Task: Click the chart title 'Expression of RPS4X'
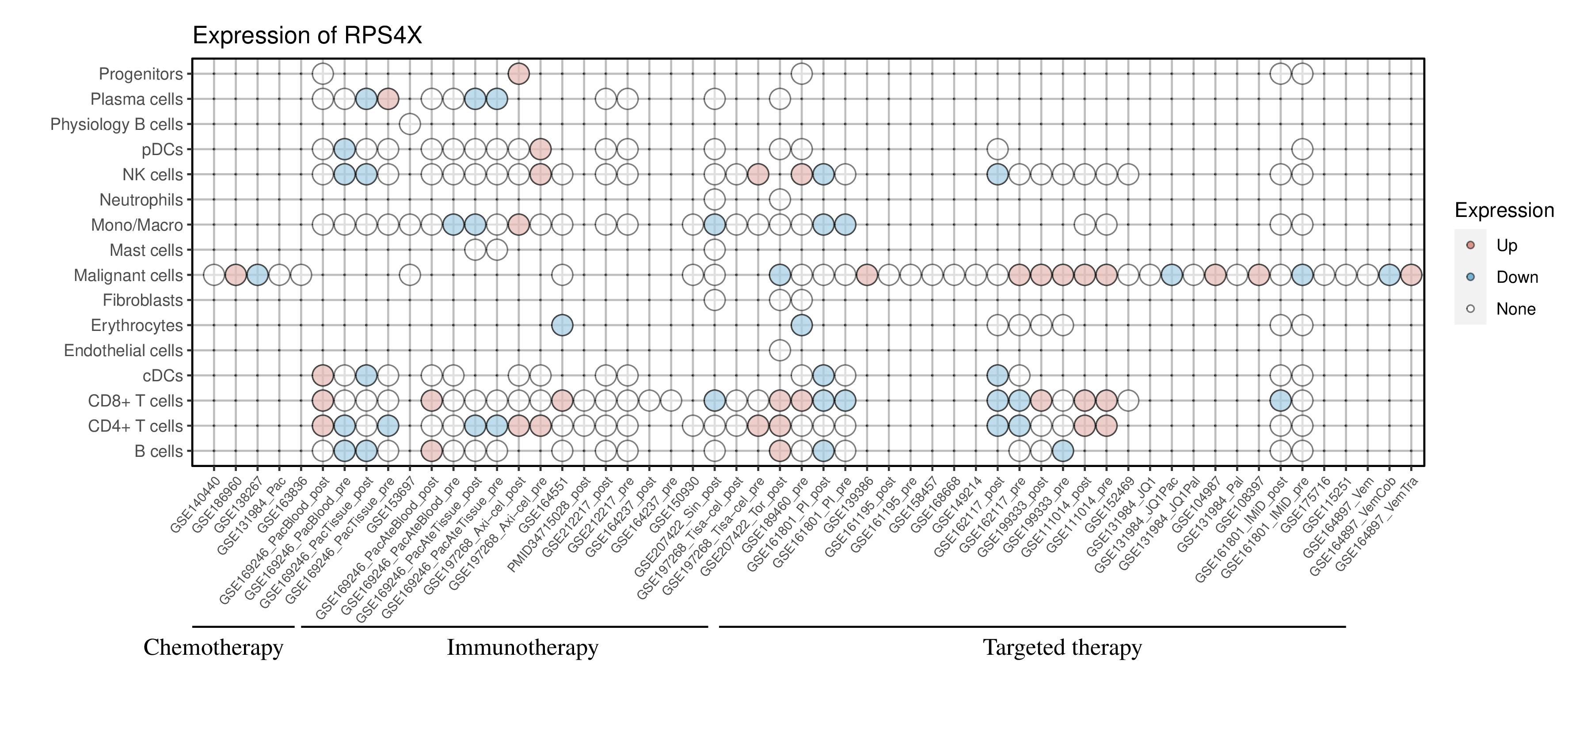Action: click(307, 36)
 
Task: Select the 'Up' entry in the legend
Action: click(1507, 246)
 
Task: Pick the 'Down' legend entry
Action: click(1516, 277)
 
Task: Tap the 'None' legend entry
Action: click(1515, 309)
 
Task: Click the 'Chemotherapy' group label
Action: click(213, 648)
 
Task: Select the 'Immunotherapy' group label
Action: click(522, 648)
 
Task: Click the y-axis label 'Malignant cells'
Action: click(129, 275)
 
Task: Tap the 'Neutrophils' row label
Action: click(141, 200)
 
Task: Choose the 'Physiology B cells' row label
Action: click(117, 125)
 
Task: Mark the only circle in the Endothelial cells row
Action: click(780, 351)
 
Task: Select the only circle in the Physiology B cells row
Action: click(410, 125)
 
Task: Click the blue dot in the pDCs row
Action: click(344, 149)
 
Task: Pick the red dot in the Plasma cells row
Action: click(388, 99)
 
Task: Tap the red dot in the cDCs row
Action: click(323, 375)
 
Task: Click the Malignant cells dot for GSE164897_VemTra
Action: click(1411, 275)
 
